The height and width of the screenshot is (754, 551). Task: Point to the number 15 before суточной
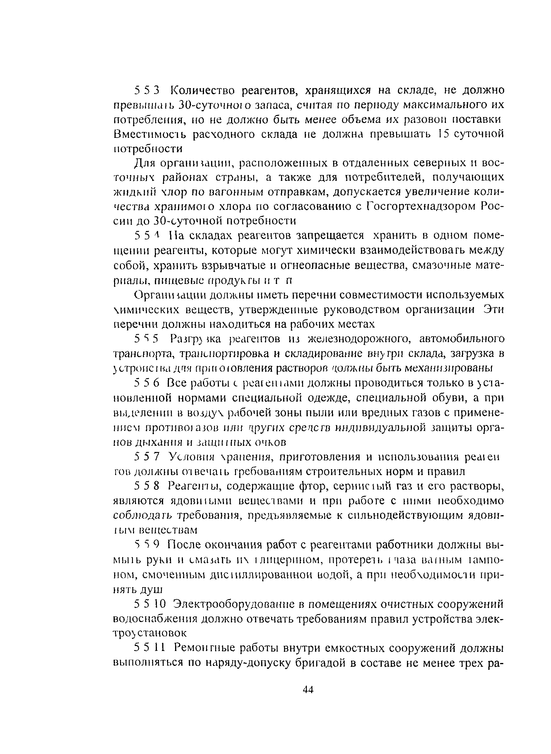click(444, 134)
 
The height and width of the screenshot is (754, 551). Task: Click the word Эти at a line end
click(493, 309)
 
